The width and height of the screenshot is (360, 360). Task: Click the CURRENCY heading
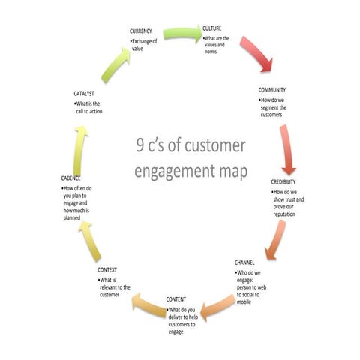[142, 31]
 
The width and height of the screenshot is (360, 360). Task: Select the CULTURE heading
[212, 28]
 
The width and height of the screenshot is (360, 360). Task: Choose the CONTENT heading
[178, 300]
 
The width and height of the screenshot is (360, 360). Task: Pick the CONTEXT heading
[112, 269]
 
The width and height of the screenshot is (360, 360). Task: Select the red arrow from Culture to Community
[255, 54]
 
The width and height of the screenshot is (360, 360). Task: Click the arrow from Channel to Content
[220, 304]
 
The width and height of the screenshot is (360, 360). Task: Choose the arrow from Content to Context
[147, 303]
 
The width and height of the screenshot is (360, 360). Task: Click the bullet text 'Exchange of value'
[145, 45]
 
